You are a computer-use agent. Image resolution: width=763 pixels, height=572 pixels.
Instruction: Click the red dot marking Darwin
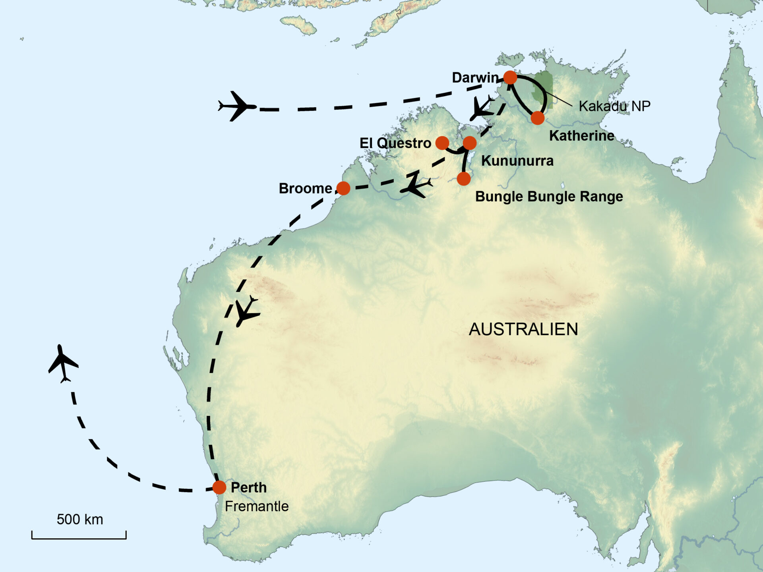pyautogui.click(x=510, y=77)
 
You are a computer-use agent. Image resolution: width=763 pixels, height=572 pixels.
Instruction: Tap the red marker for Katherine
pyautogui.click(x=537, y=118)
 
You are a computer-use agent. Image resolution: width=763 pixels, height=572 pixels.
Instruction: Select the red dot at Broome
pyautogui.click(x=343, y=188)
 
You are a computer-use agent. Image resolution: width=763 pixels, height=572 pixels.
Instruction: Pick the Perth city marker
pyautogui.click(x=219, y=487)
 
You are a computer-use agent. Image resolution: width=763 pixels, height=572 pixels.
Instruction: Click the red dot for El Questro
pyautogui.click(x=442, y=143)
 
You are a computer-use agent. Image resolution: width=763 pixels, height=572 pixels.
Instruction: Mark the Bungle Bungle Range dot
pyautogui.click(x=463, y=179)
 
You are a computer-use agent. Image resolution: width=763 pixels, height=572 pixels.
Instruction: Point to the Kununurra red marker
pyautogui.click(x=470, y=143)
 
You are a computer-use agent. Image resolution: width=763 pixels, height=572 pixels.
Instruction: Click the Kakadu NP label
pyautogui.click(x=614, y=106)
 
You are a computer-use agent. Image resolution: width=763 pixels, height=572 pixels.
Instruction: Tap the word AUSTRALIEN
pyautogui.click(x=523, y=329)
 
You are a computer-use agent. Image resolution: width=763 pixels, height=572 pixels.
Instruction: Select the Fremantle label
pyautogui.click(x=257, y=506)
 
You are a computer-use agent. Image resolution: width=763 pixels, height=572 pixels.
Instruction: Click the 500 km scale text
pyautogui.click(x=80, y=520)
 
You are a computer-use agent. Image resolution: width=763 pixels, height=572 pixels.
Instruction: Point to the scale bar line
pyautogui.click(x=79, y=538)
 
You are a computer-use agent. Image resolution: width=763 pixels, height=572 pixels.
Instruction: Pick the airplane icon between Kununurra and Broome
pyautogui.click(x=416, y=186)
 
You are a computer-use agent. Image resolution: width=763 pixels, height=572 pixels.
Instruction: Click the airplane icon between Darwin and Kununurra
pyautogui.click(x=482, y=108)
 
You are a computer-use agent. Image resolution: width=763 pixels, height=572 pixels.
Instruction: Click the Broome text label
pyautogui.click(x=305, y=189)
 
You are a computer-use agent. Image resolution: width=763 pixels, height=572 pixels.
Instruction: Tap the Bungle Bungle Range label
pyautogui.click(x=549, y=197)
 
